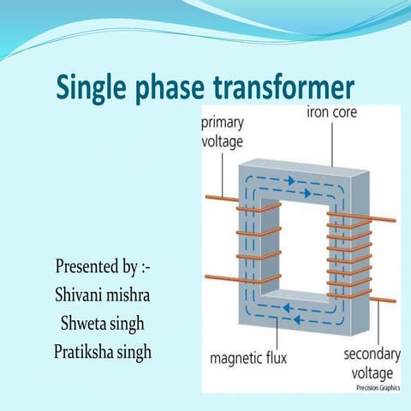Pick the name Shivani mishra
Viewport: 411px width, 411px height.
(103, 294)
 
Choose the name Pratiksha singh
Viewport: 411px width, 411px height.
(103, 351)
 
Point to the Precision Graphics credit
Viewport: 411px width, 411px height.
(378, 387)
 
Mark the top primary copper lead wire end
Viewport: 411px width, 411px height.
(208, 198)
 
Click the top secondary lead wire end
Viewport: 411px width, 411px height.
(392, 220)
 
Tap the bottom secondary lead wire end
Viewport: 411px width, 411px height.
(392, 301)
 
